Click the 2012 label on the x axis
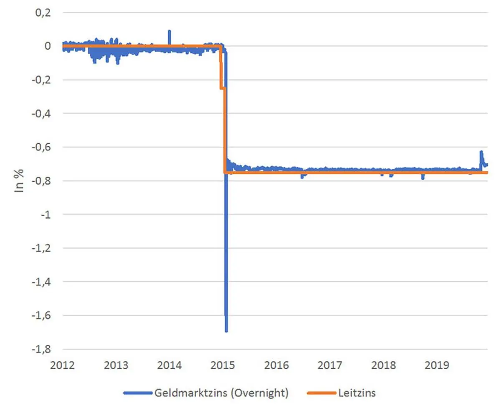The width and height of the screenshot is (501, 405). coord(62,366)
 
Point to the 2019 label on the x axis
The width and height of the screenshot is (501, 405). coord(437,366)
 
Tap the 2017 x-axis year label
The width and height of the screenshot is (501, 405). coord(330,366)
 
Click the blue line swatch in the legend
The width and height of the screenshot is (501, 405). coord(137,392)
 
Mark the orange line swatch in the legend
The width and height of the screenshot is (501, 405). coord(321,392)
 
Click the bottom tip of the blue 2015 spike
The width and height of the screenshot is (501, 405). coord(226,331)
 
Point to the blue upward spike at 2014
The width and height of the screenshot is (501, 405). coord(169,31)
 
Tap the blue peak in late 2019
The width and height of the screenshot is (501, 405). coord(481,152)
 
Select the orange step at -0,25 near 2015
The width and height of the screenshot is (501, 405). coord(223,88)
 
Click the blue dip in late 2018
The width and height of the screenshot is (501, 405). coord(423,178)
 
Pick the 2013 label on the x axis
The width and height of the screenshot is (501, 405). coord(116,366)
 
